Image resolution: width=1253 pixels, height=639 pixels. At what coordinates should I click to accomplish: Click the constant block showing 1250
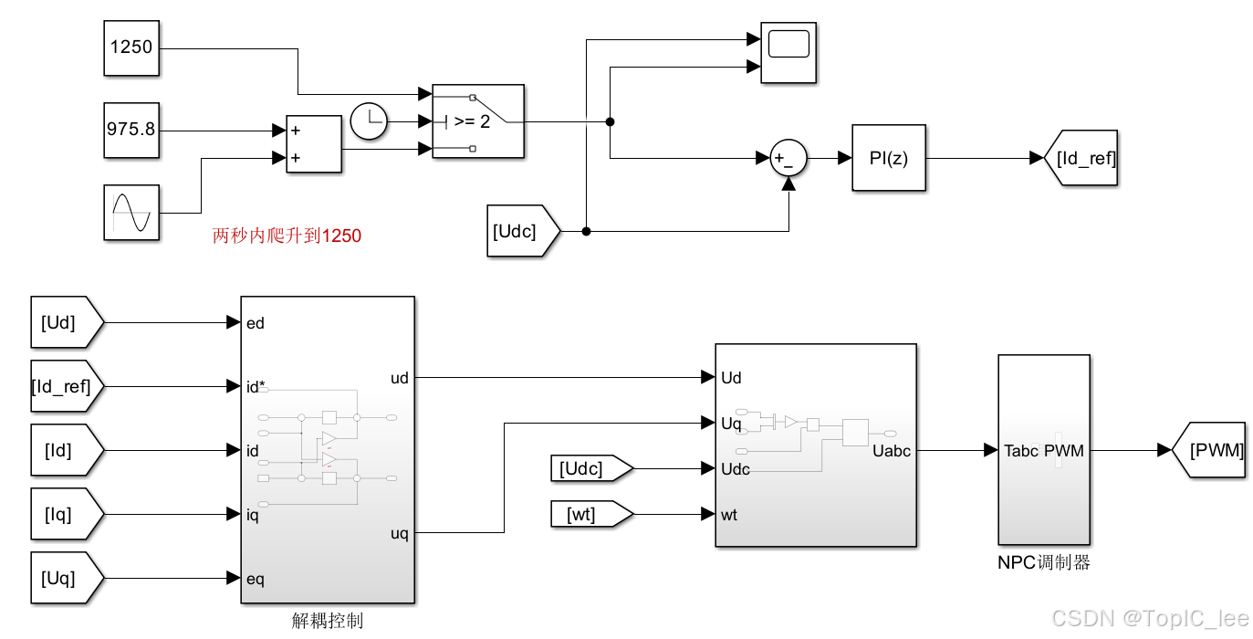[x=131, y=47]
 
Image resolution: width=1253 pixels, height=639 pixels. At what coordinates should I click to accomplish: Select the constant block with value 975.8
[x=131, y=130]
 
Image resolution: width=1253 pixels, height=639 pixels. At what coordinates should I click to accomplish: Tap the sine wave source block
[x=131, y=212]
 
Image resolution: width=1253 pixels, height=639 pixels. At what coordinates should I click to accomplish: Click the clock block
[x=370, y=121]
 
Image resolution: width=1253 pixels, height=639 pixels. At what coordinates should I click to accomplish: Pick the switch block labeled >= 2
[x=477, y=121]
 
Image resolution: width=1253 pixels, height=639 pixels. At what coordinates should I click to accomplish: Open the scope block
[x=788, y=53]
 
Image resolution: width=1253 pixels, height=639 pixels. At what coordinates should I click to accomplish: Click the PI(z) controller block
[x=889, y=158]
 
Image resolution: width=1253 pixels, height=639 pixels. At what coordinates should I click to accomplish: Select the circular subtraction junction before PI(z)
[x=788, y=158]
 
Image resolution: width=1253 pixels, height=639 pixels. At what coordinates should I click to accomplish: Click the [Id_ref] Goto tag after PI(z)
[x=1081, y=158]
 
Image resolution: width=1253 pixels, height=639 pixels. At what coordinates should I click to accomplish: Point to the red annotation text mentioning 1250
[x=287, y=236]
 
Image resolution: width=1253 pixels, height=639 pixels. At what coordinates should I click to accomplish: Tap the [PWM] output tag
[x=1209, y=450]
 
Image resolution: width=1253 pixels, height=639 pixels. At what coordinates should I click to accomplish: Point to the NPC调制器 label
[x=1043, y=563]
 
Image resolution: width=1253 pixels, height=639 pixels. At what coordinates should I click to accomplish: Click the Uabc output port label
[x=892, y=451]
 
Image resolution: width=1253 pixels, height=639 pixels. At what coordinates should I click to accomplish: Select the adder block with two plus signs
[x=314, y=143]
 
